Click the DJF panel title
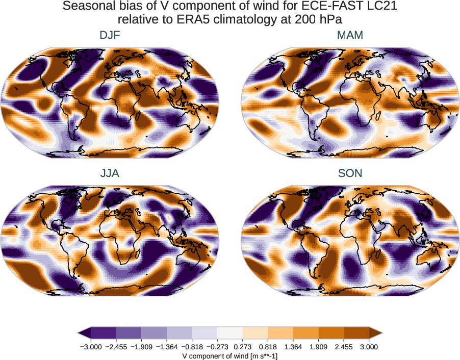[x=110, y=35]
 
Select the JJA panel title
[x=110, y=173]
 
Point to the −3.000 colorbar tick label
[x=90, y=347]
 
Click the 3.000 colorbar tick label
[x=369, y=347]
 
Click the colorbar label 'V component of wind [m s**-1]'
[x=230, y=356]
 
